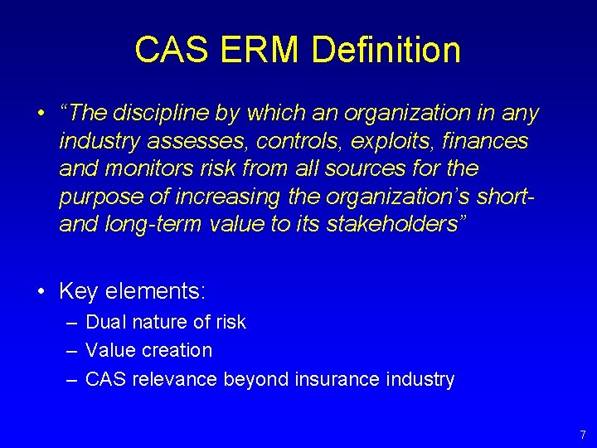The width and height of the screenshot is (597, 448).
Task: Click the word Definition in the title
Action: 386,51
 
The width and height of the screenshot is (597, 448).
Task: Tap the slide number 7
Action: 582,435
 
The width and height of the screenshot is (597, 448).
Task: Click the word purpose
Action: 97,197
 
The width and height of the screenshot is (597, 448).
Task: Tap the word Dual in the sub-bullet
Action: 103,322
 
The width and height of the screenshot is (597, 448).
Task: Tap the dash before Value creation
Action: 71,351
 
